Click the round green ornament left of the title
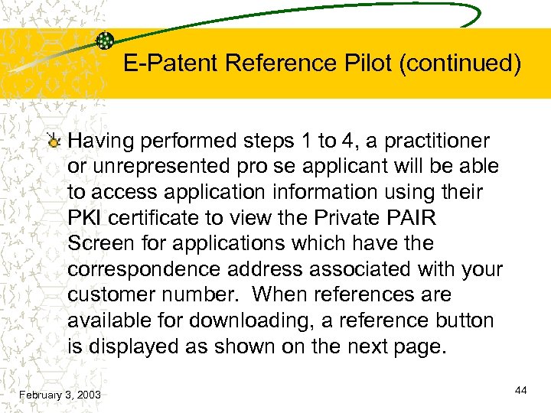pyautogui.click(x=106, y=41)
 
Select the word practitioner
pyautogui.click(x=437, y=141)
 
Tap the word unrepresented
pyautogui.click(x=162, y=166)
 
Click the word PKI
pyautogui.click(x=85, y=217)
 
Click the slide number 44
pyautogui.click(x=521, y=390)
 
